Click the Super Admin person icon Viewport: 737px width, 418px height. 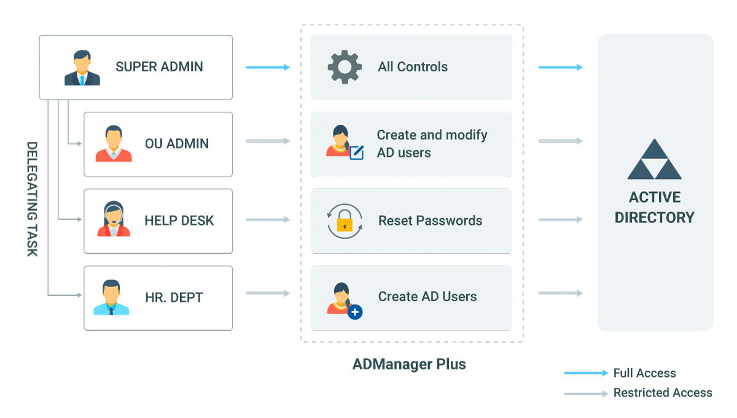tap(82, 68)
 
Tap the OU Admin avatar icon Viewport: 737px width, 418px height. tap(114, 144)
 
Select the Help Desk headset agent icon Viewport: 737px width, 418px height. tap(114, 219)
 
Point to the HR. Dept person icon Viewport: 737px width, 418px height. tap(111, 298)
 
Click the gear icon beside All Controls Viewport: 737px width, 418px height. tap(345, 67)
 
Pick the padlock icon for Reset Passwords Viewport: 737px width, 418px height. tap(345, 221)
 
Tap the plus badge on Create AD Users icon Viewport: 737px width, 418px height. tap(355, 312)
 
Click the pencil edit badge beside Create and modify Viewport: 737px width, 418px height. tap(356, 152)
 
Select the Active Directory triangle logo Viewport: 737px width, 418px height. tap(654, 160)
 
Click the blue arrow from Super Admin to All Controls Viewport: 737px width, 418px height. tap(268, 67)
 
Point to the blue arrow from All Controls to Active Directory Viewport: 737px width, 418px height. tap(560, 67)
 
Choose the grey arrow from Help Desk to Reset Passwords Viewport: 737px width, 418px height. tap(268, 219)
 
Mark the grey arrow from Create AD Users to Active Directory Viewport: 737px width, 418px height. tap(560, 294)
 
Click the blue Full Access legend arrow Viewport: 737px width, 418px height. tap(586, 373)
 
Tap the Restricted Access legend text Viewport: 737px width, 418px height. tap(663, 393)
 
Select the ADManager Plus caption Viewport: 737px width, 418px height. tap(409, 364)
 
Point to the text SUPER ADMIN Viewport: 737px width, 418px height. tap(159, 67)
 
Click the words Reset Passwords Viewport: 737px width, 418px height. tap(430, 221)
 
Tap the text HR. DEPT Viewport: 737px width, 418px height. tap(174, 298)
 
